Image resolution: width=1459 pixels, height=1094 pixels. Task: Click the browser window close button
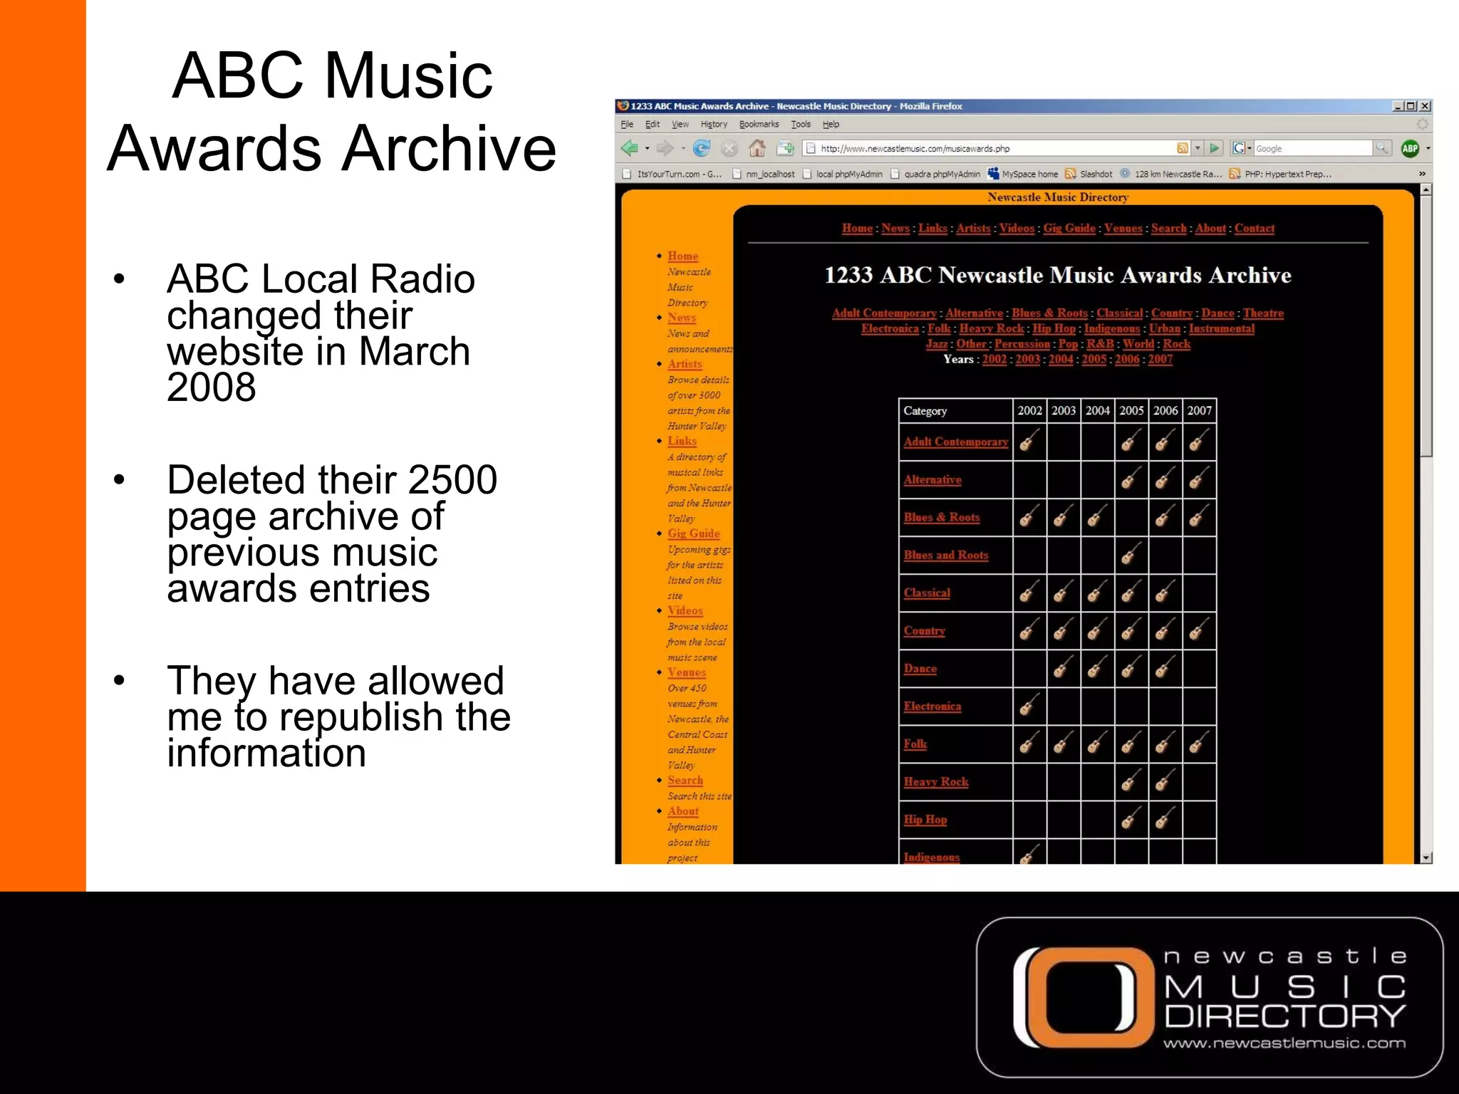(x=1425, y=106)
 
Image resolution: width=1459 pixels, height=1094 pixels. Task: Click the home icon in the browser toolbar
(x=757, y=148)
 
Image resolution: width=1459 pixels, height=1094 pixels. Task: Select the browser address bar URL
(x=915, y=149)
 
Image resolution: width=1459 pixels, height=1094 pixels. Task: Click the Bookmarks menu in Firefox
(x=759, y=124)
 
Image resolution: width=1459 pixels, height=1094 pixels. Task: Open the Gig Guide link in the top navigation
(x=1069, y=229)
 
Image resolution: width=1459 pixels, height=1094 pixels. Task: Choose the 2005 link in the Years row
(x=1094, y=360)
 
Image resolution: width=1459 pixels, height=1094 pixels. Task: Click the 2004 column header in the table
(x=1097, y=410)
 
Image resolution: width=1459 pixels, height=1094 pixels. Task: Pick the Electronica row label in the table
(x=932, y=707)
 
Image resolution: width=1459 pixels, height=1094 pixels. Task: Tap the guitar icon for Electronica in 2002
(x=1029, y=706)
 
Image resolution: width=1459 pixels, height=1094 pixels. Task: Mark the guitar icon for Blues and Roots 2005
(x=1131, y=555)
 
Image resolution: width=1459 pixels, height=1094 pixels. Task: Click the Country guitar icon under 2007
(x=1199, y=630)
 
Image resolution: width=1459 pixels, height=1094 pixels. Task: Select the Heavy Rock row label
(x=935, y=782)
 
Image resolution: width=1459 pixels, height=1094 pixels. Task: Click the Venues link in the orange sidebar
(x=686, y=672)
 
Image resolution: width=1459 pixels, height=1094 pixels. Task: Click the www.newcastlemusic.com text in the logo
(x=1284, y=1043)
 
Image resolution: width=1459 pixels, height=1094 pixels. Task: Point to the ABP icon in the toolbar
(x=1409, y=148)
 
